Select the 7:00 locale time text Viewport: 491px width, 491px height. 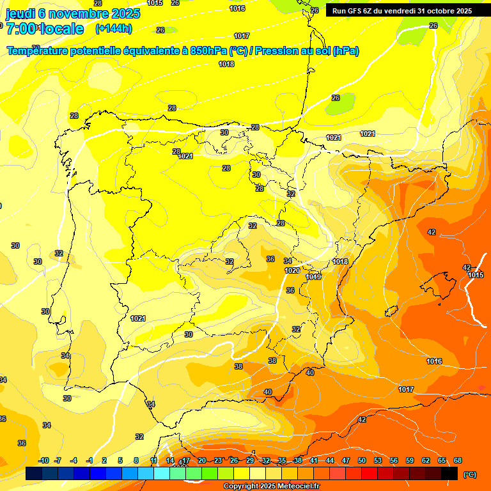pos(45,29)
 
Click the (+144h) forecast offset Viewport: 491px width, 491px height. pos(113,29)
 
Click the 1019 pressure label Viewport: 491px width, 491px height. pos(313,277)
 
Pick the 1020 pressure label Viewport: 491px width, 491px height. pos(292,270)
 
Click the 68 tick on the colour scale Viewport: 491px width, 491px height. pos(458,460)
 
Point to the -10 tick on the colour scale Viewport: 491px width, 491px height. pos(43,460)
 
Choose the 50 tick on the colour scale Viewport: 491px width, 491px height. pos(362,460)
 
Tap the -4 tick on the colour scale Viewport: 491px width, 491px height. pos(74,460)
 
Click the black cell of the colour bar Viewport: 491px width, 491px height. pos(449,473)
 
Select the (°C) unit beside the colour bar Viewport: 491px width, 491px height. pos(470,474)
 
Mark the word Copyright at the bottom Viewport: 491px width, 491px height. pos(241,487)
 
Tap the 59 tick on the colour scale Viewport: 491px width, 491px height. pos(410,460)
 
